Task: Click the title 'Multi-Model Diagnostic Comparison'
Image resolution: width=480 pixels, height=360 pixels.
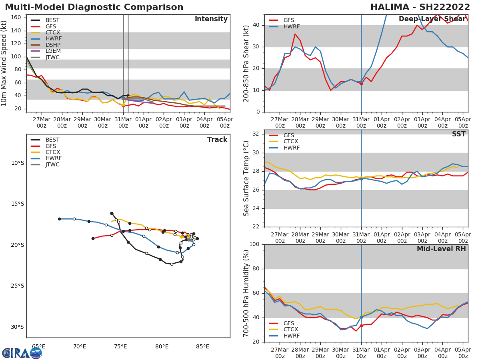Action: coord(94,7)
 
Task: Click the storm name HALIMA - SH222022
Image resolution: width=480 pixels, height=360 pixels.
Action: coord(420,7)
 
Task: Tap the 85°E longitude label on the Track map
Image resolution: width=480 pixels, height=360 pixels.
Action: coord(202,346)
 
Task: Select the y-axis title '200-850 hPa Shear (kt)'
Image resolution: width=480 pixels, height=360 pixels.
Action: coord(246,63)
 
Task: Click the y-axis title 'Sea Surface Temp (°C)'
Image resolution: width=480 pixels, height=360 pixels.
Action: coord(246,178)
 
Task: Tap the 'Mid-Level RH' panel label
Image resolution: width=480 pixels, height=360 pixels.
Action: coord(441,249)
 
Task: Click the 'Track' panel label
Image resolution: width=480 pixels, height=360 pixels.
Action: coord(217,140)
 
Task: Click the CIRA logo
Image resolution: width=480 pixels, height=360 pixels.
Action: coord(22,353)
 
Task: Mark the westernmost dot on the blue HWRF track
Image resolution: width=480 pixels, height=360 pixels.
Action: coord(59,219)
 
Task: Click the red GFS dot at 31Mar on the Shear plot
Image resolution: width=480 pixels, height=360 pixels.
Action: coord(361,84)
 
